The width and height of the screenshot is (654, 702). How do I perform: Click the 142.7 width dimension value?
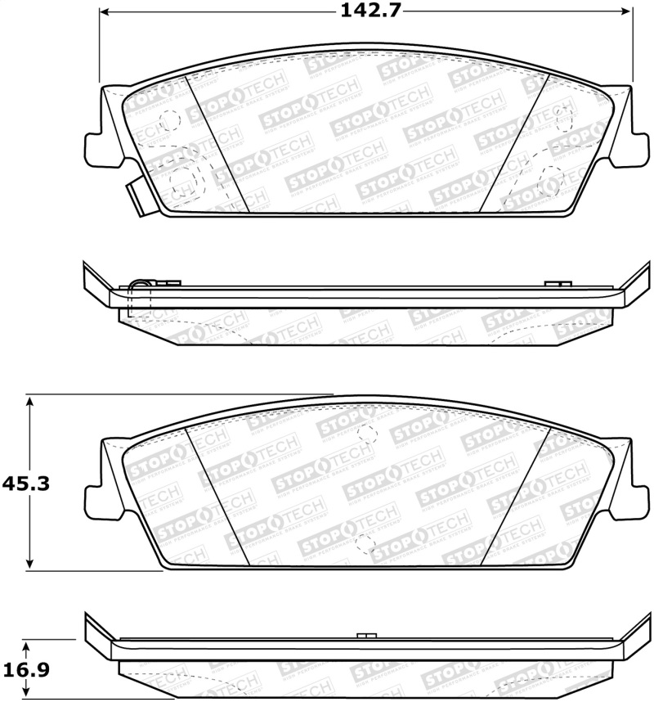[366, 11]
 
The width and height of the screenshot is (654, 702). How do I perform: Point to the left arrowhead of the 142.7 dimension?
[105, 12]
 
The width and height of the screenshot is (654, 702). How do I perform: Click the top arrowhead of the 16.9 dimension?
[30, 644]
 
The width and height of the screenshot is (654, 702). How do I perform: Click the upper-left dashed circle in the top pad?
[169, 119]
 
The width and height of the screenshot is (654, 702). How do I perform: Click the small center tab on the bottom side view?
[366, 636]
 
